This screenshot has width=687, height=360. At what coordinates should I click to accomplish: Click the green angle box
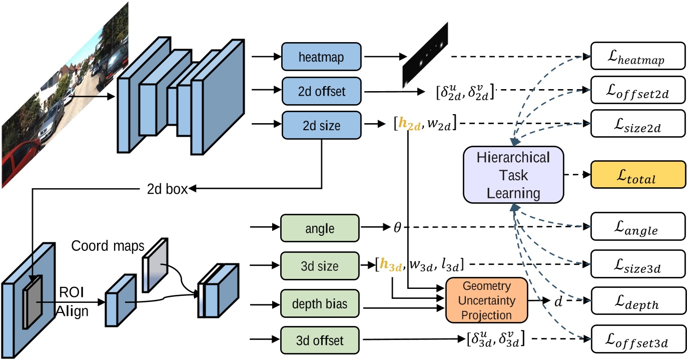(x=319, y=228)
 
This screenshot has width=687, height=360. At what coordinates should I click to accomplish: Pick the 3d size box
(x=319, y=266)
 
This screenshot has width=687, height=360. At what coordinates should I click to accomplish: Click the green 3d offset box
(x=319, y=341)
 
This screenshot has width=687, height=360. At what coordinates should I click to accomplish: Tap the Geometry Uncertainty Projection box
(x=486, y=300)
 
